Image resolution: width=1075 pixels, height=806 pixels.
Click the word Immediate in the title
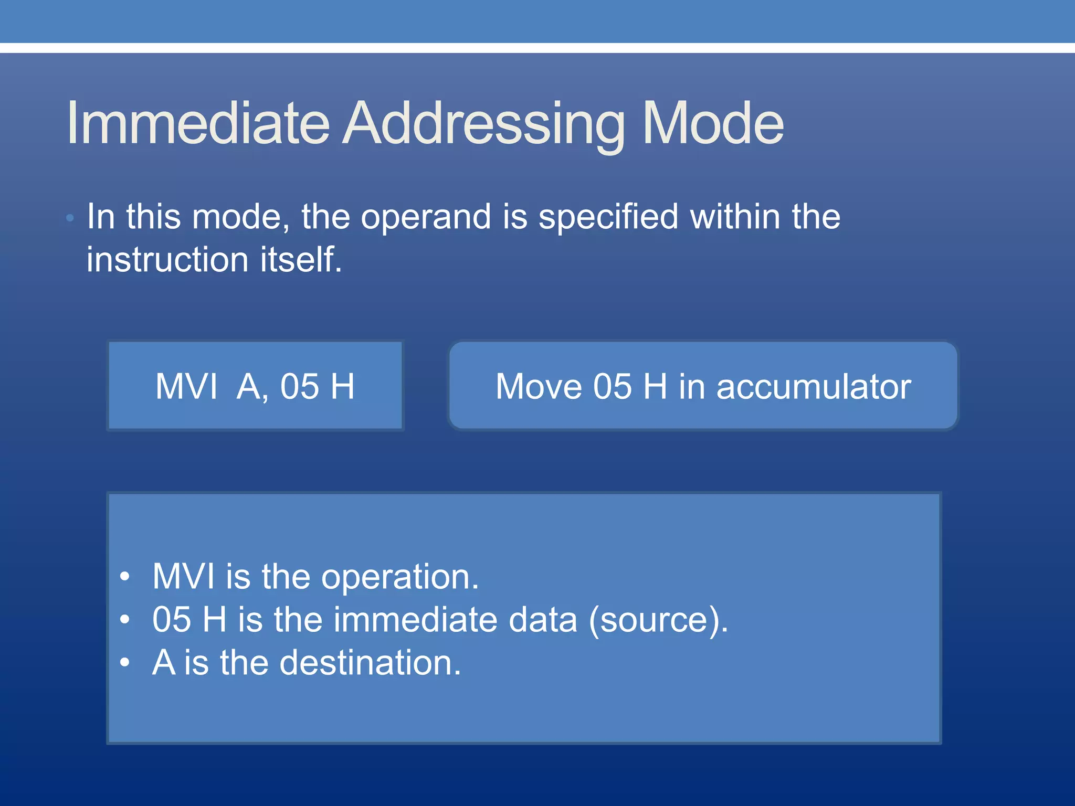pyautogui.click(x=198, y=123)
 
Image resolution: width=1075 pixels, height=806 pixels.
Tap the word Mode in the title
pyautogui.click(x=713, y=123)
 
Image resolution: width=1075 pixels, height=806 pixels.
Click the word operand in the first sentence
pyautogui.click(x=426, y=217)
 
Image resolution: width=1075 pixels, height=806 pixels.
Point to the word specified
pyautogui.click(x=608, y=217)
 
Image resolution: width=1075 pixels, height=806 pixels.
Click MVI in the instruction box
pyautogui.click(x=186, y=387)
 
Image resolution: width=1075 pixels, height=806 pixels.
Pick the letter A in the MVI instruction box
pyautogui.click(x=249, y=387)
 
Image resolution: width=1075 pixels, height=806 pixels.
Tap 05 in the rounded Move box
pyautogui.click(x=612, y=387)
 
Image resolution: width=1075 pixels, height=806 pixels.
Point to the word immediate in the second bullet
pyautogui.click(x=415, y=620)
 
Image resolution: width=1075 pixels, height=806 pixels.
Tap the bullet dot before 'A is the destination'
pyautogui.click(x=124, y=663)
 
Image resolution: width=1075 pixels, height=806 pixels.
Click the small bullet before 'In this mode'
pyautogui.click(x=70, y=218)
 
